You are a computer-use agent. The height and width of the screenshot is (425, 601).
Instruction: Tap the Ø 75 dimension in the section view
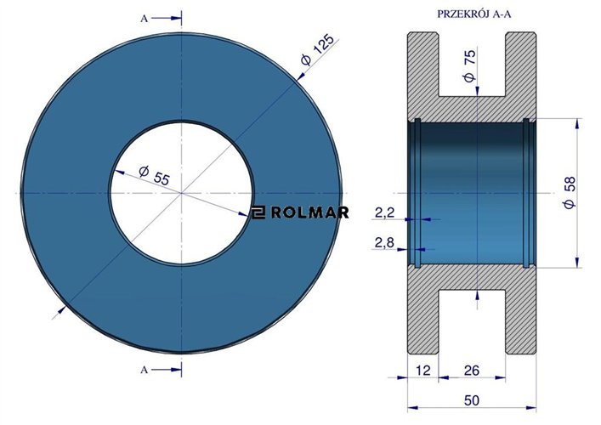471,65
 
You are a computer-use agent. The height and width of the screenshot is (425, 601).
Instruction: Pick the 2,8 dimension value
385,244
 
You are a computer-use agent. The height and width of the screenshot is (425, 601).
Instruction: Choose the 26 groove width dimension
472,370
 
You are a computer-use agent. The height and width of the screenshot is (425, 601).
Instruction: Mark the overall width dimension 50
472,399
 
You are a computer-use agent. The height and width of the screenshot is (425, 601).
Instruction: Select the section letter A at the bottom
145,369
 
